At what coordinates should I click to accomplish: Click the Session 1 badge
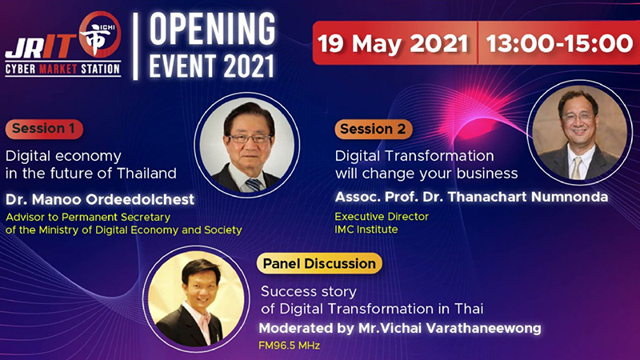(x=44, y=129)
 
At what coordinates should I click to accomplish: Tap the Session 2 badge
(x=374, y=129)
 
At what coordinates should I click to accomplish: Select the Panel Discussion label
(x=319, y=264)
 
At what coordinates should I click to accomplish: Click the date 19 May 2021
(x=392, y=44)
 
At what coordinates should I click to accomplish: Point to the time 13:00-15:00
(x=559, y=44)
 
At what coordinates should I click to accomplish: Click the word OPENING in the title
(x=212, y=29)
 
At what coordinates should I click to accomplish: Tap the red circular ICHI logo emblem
(x=101, y=34)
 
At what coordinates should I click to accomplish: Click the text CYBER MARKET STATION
(x=63, y=69)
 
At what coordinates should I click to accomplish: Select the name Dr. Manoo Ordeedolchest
(x=100, y=199)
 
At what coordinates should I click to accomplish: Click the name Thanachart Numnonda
(x=528, y=197)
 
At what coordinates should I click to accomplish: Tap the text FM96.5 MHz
(x=289, y=346)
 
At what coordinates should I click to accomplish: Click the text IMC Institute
(x=366, y=230)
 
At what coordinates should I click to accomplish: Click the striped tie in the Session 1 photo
(x=254, y=185)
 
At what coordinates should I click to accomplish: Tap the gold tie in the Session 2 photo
(x=577, y=168)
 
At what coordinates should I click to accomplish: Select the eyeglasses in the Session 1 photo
(x=250, y=138)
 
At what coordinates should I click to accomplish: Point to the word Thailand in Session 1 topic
(x=146, y=174)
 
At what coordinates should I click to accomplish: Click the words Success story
(x=309, y=292)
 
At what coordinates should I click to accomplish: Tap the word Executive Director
(x=382, y=216)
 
